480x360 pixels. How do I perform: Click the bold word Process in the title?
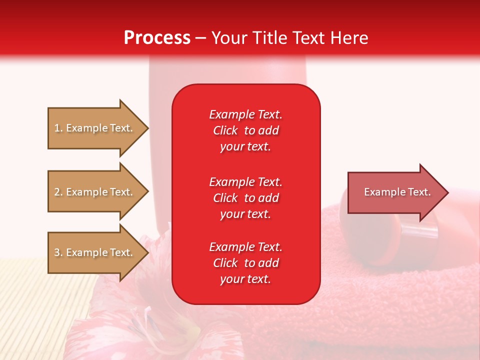coord(157,38)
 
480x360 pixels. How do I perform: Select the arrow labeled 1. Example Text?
coord(94,128)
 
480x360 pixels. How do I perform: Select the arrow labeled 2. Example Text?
coord(94,192)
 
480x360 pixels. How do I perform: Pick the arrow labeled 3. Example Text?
coord(94,252)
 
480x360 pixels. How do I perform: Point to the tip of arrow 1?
coord(147,128)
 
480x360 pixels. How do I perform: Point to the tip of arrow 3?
coord(147,252)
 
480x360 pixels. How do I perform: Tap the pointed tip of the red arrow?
coord(447,192)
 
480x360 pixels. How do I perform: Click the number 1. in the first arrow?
coord(58,128)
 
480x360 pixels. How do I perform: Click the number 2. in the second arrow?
coord(58,192)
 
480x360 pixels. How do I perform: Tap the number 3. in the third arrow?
coord(58,252)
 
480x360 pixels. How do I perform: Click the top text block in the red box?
coord(245,130)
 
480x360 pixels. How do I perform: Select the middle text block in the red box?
coord(245,198)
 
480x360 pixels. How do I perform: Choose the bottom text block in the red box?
coord(245,263)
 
